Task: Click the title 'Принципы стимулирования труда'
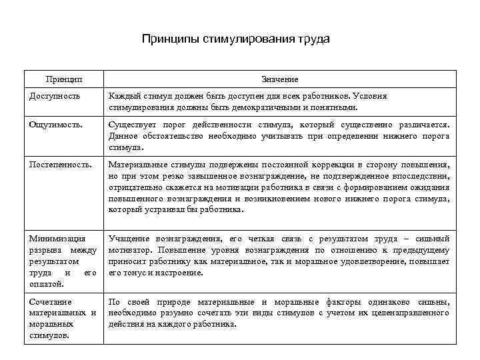tap(236, 39)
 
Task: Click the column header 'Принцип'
tap(65, 79)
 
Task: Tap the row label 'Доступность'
tap(55, 96)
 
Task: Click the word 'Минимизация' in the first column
tap(57, 238)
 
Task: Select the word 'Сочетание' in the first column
tap(51, 302)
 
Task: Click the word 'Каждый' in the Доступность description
tap(123, 96)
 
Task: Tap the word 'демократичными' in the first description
tap(268, 107)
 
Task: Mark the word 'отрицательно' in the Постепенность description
tap(134, 188)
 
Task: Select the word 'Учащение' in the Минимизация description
tap(129, 238)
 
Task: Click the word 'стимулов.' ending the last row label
tap(49, 335)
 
